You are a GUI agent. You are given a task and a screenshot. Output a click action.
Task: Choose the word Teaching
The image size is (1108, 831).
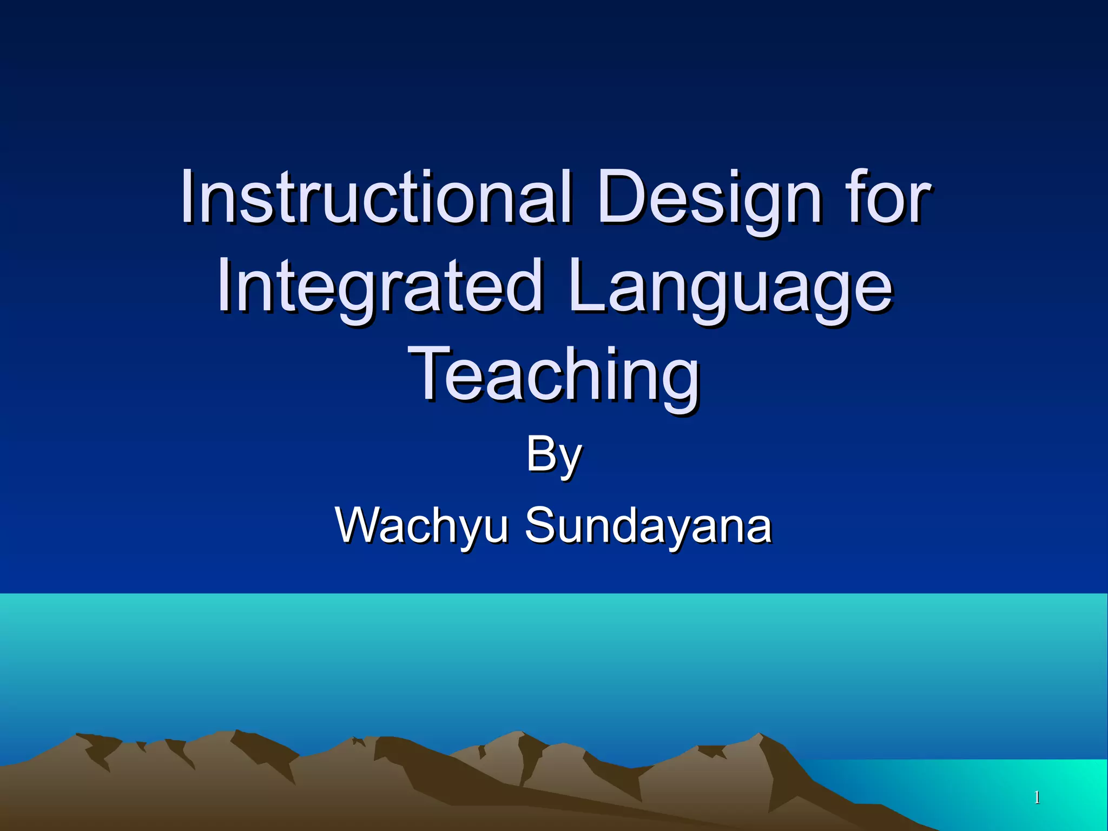click(554, 376)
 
